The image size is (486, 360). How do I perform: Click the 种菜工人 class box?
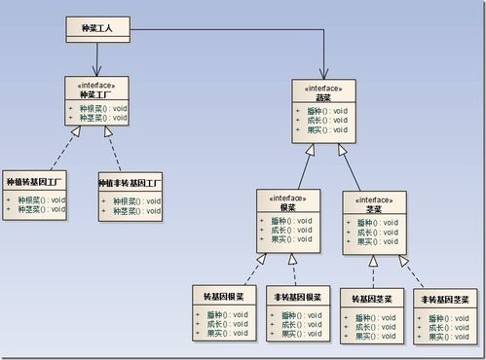coord(97,29)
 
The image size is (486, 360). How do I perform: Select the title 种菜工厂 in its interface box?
coord(95,94)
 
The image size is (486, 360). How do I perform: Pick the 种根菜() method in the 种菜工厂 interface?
coord(100,107)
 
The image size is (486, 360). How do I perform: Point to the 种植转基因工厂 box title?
coord(34,182)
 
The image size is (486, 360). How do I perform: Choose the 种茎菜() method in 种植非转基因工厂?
coord(134,210)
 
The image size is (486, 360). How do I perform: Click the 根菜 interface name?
coord(288,207)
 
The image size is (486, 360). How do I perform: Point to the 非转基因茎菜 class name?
coord(444,299)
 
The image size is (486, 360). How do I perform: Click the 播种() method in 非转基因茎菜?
coord(447,318)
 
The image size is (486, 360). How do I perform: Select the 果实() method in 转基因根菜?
coord(228,334)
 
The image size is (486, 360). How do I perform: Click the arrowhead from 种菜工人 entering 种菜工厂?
coord(95,72)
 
